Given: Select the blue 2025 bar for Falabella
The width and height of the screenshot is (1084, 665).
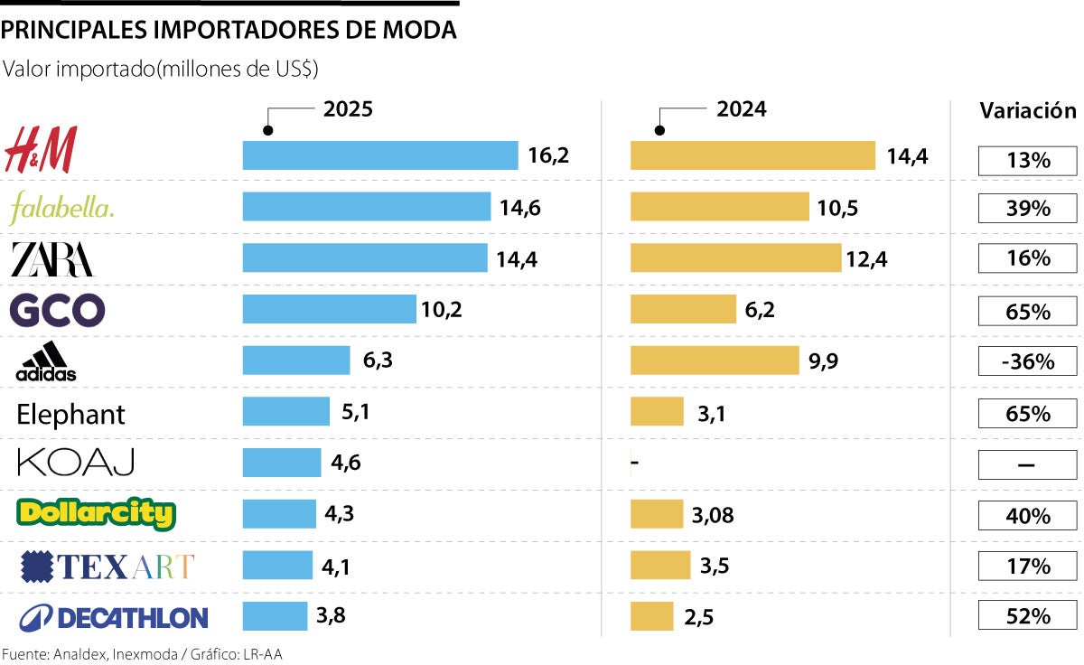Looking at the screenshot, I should (366, 207).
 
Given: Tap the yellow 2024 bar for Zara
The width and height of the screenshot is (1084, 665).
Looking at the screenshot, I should (735, 258).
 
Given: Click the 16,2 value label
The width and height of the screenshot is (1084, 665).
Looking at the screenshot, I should (548, 155).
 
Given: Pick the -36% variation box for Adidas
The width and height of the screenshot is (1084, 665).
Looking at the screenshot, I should (1028, 361).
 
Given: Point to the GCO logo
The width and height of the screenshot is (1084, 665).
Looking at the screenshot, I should (57, 311).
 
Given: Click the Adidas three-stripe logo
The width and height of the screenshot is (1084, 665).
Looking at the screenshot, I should (46, 361).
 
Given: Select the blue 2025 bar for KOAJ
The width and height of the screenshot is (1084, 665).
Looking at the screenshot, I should (281, 463).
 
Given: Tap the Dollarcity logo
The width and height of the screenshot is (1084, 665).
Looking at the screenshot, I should (96, 514).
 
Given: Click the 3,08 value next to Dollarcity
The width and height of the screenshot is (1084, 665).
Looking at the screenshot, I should (714, 515).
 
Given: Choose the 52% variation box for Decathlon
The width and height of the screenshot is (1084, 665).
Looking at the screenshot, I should (1028, 616).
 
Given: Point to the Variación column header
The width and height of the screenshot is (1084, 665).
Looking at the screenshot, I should (1028, 111).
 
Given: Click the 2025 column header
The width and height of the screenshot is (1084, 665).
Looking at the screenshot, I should (348, 109).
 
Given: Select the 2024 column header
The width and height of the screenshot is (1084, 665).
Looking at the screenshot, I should (741, 109).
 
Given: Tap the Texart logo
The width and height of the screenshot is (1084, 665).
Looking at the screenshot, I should (107, 567).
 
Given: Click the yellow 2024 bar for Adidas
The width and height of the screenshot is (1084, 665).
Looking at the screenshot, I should (714, 361).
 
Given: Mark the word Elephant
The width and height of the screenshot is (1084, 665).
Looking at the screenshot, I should (70, 415).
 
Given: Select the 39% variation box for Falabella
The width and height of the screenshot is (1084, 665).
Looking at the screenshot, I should (1028, 208).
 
